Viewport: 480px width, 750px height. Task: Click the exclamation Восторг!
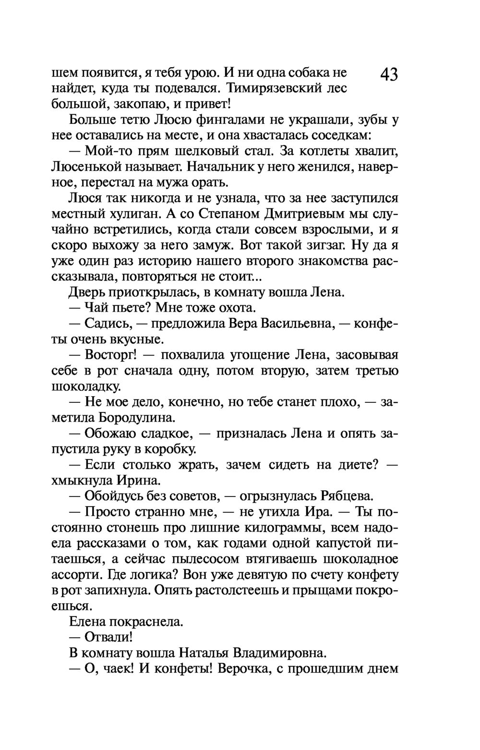point(111,355)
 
